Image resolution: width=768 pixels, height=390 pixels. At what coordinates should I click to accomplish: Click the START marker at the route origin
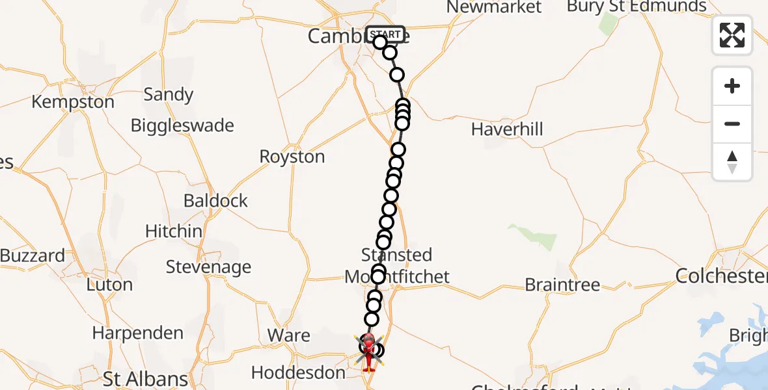click(385, 34)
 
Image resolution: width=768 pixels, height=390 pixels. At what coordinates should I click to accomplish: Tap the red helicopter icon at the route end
click(369, 351)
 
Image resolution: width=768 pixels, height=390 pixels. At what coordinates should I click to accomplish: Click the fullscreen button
click(732, 35)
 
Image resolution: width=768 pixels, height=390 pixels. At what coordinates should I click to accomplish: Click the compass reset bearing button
click(732, 162)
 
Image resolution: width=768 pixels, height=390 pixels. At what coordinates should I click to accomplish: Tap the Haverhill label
click(507, 129)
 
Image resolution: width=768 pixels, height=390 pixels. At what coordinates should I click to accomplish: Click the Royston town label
click(292, 157)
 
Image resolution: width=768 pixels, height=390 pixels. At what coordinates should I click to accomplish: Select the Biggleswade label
click(182, 125)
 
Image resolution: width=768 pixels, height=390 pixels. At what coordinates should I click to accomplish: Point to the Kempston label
click(73, 102)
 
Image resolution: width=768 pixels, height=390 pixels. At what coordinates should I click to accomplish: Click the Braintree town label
click(562, 285)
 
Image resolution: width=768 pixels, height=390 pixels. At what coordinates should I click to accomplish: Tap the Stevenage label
click(208, 267)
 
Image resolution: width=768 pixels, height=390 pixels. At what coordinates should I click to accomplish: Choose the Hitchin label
click(174, 231)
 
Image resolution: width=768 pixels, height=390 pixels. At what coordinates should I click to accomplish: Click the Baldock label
click(215, 201)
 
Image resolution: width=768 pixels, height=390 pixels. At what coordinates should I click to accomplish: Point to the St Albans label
click(146, 378)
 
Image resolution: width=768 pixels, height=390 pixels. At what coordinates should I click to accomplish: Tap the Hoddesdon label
click(298, 373)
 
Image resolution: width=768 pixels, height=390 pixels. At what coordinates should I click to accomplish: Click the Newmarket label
click(494, 7)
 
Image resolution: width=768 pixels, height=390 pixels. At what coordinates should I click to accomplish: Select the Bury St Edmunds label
click(636, 6)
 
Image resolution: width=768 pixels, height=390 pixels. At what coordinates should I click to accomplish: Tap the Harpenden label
click(137, 333)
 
